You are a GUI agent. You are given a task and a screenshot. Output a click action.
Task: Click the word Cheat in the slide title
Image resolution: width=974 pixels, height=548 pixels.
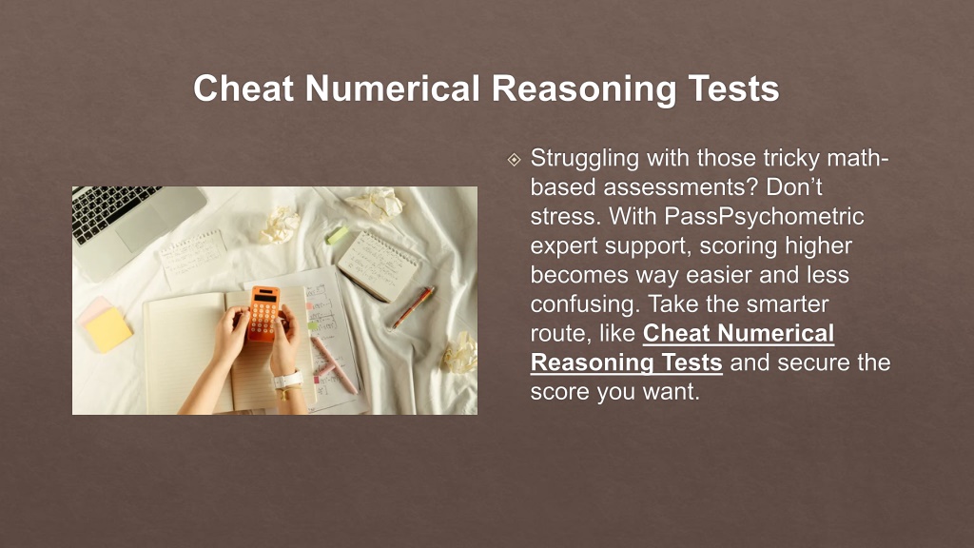243,88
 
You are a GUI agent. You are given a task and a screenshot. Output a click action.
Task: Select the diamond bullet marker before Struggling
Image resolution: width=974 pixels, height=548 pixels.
515,160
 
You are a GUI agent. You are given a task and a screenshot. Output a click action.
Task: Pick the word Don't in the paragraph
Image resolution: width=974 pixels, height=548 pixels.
794,187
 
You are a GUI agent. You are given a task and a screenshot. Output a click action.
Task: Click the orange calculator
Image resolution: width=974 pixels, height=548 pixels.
264,313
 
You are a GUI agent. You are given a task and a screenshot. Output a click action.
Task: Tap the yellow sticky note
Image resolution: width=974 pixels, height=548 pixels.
108,329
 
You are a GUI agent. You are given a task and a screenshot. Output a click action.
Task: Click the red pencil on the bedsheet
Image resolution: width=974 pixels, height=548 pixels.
413,307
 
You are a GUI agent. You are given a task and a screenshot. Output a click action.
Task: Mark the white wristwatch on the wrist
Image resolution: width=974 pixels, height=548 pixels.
287,379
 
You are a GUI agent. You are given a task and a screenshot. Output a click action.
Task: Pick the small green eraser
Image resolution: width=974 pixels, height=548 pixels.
338,235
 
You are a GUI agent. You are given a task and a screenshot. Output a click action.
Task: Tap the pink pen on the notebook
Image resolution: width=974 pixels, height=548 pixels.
334,365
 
